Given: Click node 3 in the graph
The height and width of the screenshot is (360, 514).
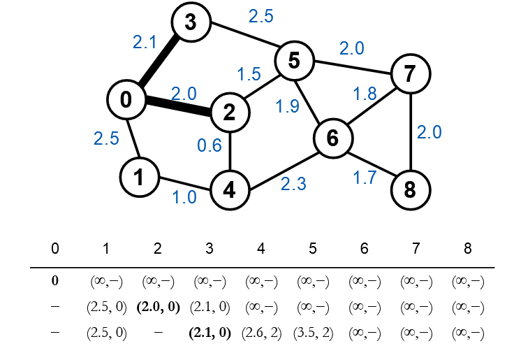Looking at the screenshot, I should pyautogui.click(x=190, y=23).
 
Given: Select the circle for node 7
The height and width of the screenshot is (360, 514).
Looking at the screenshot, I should pyautogui.click(x=410, y=72).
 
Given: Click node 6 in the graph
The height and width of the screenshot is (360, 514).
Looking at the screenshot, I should pyautogui.click(x=332, y=138).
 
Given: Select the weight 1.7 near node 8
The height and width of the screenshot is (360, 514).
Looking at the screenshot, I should pyautogui.click(x=365, y=178).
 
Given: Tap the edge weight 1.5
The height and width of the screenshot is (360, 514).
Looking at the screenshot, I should pyautogui.click(x=249, y=74).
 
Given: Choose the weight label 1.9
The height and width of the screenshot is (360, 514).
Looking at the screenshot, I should pyautogui.click(x=288, y=107).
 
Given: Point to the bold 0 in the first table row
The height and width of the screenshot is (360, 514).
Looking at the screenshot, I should pyautogui.click(x=54, y=281).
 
